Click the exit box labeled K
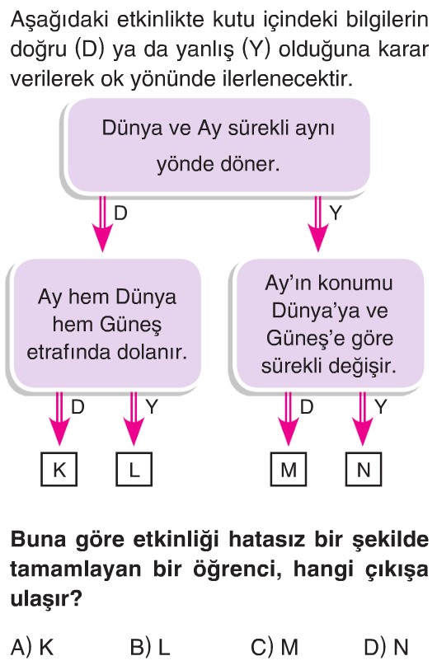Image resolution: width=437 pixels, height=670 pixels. click(x=59, y=469)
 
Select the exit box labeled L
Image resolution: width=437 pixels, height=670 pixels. click(x=134, y=469)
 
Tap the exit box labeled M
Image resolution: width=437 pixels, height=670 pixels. click(x=289, y=469)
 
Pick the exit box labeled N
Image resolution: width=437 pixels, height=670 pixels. click(x=364, y=469)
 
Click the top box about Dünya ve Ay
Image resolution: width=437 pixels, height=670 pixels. click(x=218, y=146)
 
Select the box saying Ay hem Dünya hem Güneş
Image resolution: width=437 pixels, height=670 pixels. click(x=107, y=324)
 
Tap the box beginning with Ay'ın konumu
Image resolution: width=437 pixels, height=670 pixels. click(x=329, y=324)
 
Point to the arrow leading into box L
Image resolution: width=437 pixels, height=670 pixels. click(x=134, y=419)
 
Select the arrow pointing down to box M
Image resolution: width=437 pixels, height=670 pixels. click(x=289, y=419)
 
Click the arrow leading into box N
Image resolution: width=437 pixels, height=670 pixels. click(x=363, y=419)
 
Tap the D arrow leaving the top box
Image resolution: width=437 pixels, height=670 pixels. click(x=102, y=224)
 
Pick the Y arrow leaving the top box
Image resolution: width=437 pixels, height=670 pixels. click(x=317, y=224)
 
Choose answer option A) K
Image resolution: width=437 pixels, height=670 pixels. click(x=32, y=648)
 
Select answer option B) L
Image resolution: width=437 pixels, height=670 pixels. click(x=150, y=648)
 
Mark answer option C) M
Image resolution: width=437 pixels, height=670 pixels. click(x=275, y=648)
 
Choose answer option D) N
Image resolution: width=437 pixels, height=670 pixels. click(x=387, y=648)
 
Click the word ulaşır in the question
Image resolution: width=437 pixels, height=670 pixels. click(x=46, y=599)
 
